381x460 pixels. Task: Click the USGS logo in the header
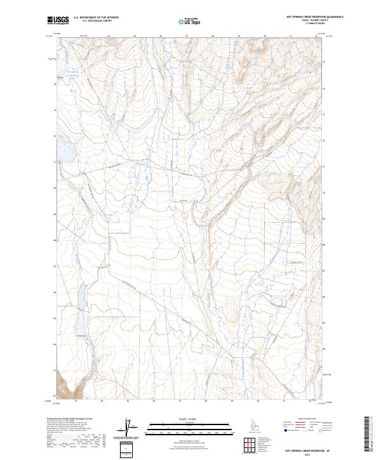pyautogui.click(x=58, y=20)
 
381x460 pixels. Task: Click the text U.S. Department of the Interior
pyautogui.click(x=96, y=18)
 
